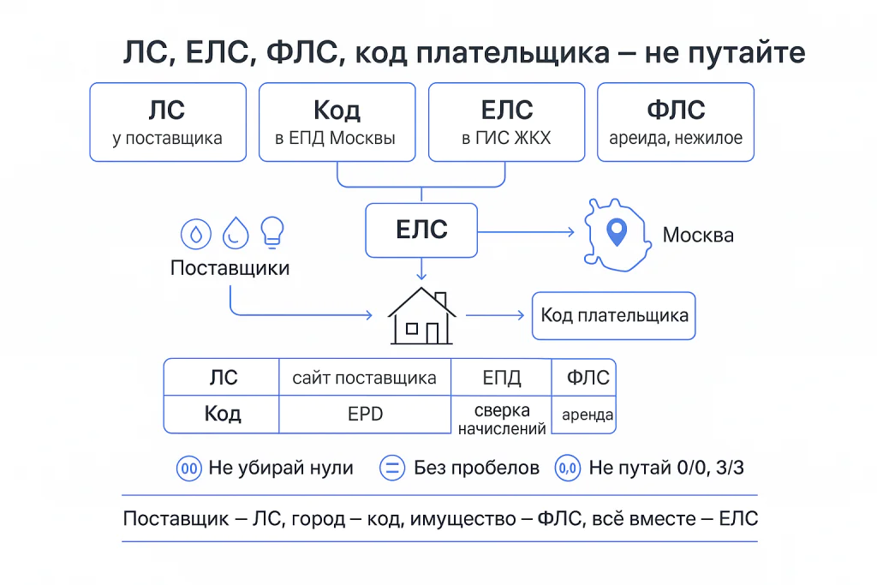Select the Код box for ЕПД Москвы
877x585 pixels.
(337, 122)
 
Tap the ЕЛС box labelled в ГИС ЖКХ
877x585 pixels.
(507, 122)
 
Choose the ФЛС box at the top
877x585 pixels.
(676, 122)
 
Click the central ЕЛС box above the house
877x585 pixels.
(421, 230)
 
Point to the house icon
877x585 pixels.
(421, 317)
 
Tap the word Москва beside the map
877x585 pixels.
(698, 235)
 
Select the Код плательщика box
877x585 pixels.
(614, 315)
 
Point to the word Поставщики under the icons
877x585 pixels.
(230, 268)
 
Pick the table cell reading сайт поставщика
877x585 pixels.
(364, 378)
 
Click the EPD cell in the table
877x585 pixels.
(364, 415)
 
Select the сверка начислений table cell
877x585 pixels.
(502, 417)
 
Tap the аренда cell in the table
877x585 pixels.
(587, 416)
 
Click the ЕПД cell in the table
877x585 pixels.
(502, 378)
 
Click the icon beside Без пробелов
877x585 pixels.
(391, 468)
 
